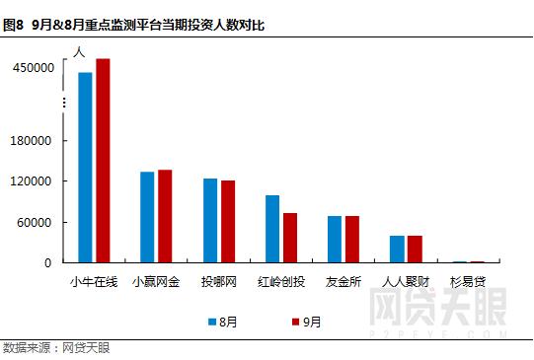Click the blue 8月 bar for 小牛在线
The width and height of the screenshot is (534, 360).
[85, 168]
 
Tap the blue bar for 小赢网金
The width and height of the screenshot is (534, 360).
[147, 217]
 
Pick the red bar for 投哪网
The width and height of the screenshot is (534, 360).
[228, 222]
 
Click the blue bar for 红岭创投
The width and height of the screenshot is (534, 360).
[272, 229]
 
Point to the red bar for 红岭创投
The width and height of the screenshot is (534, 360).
[290, 238]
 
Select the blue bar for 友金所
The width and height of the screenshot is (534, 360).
[335, 240]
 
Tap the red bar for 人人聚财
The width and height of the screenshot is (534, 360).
[415, 250]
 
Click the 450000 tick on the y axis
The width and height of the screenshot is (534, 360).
[32, 67]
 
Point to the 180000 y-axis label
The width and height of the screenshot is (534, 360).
[32, 140]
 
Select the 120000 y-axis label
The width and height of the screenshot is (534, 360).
[32, 181]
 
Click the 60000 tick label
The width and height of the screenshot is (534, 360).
[35, 222]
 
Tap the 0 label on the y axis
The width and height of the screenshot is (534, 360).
[47, 262]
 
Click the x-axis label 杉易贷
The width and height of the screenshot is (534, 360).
[468, 281]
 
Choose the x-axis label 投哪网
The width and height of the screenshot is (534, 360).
[218, 281]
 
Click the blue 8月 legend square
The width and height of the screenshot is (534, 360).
[212, 321]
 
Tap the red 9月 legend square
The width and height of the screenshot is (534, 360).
[294, 321]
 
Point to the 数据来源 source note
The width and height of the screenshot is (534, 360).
[56, 348]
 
